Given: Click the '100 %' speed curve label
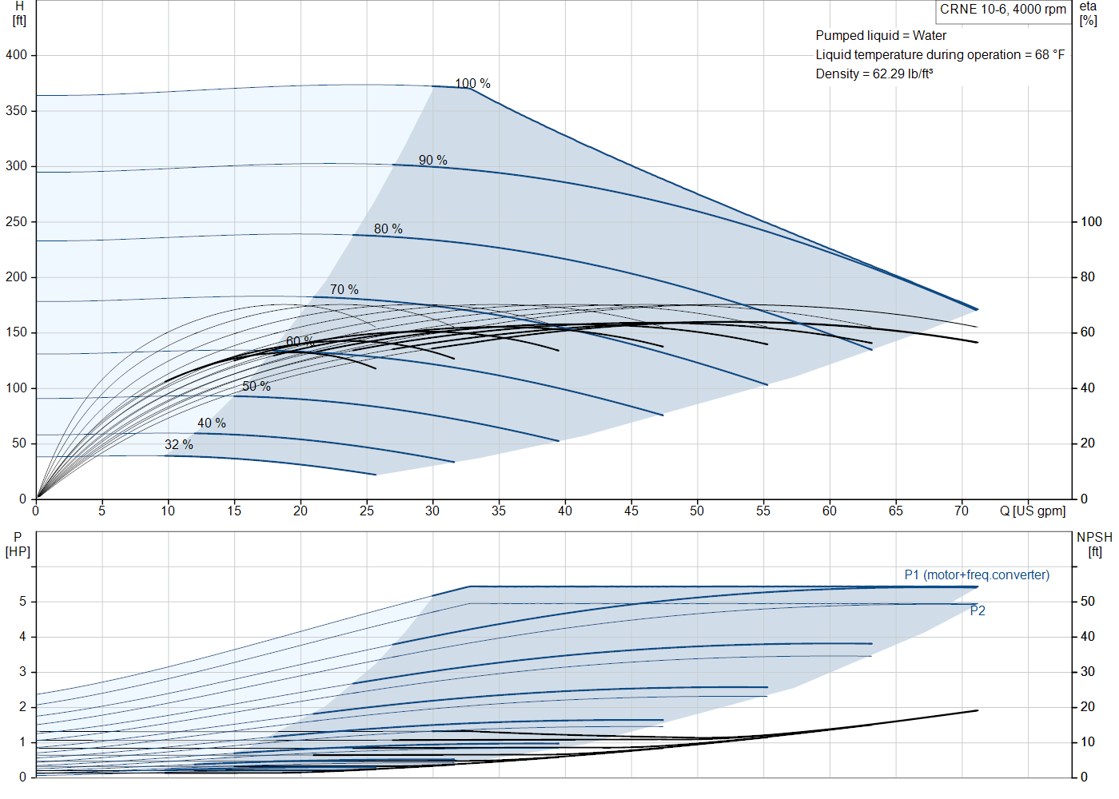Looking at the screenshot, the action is pos(472,83).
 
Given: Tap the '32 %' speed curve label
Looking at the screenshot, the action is pos(179,444).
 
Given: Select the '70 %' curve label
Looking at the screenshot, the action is pos(344,289).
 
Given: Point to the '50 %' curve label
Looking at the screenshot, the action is pos(257,386).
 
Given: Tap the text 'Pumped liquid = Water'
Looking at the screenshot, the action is pos(881,36).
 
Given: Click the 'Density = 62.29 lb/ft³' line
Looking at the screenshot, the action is pos(874,74).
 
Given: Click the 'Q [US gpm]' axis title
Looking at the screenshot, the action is pos(1033,511).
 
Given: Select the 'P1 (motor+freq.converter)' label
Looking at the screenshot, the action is pos(977,574).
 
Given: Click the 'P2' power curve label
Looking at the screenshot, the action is pos(978,610).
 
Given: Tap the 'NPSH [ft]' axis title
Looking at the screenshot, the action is pos(1094,544).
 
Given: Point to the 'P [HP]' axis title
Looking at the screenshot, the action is pos(18,544).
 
